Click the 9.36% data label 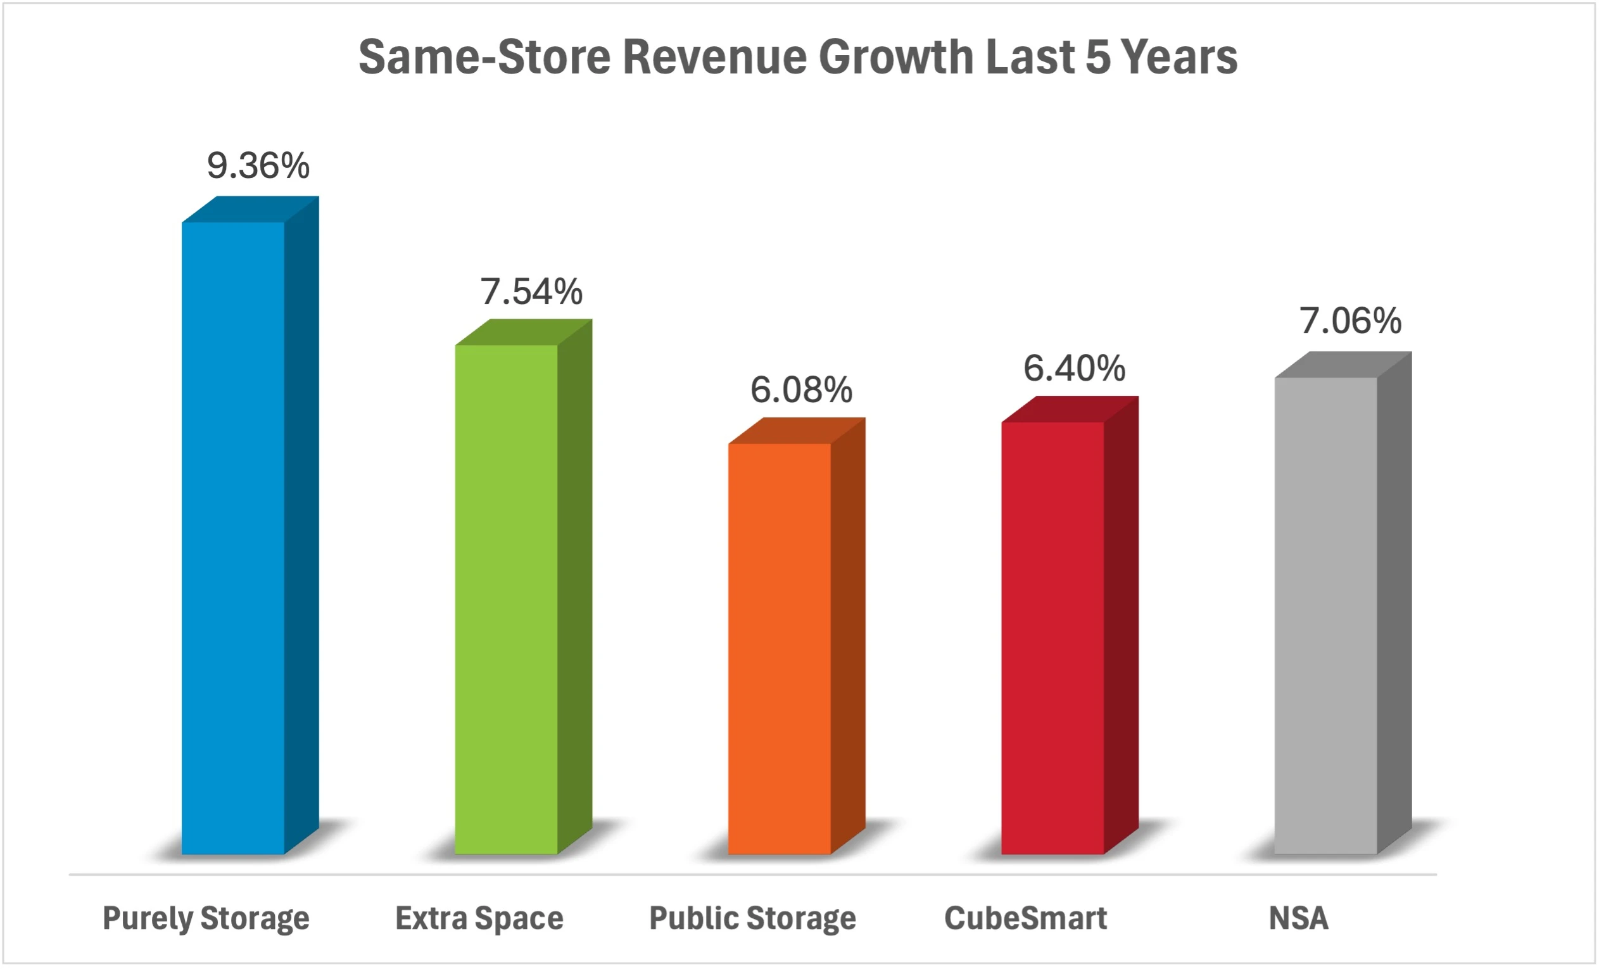[x=258, y=165]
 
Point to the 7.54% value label [x=531, y=291]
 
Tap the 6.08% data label [x=802, y=390]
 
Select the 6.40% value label [x=1075, y=369]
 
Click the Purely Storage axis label [x=206, y=918]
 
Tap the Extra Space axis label [x=479, y=918]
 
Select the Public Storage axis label [x=753, y=918]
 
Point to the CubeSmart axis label [x=1026, y=918]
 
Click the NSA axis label [x=1299, y=918]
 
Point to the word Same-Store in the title [x=484, y=57]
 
